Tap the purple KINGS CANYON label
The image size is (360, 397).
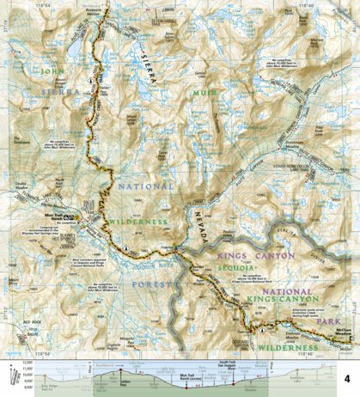[x=254, y=255]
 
